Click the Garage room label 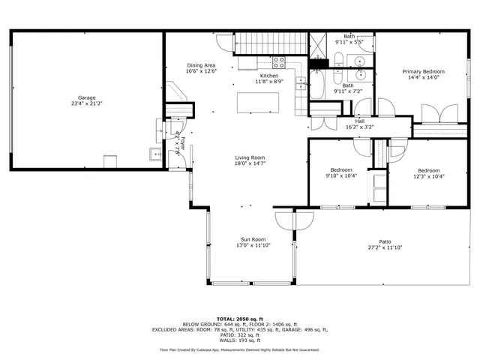pyautogui.click(x=87, y=97)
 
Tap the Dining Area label pyautogui.click(x=202, y=65)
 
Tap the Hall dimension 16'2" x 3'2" pyautogui.click(x=359, y=127)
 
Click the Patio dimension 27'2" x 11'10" pyautogui.click(x=385, y=247)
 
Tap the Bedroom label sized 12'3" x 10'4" pyautogui.click(x=428, y=170)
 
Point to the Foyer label pyautogui.click(x=178, y=141)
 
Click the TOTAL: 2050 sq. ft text pyautogui.click(x=240, y=319)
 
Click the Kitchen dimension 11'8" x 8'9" pyautogui.click(x=269, y=82)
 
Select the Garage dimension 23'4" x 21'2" pyautogui.click(x=87, y=104)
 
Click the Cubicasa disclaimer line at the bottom pyautogui.click(x=240, y=349)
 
